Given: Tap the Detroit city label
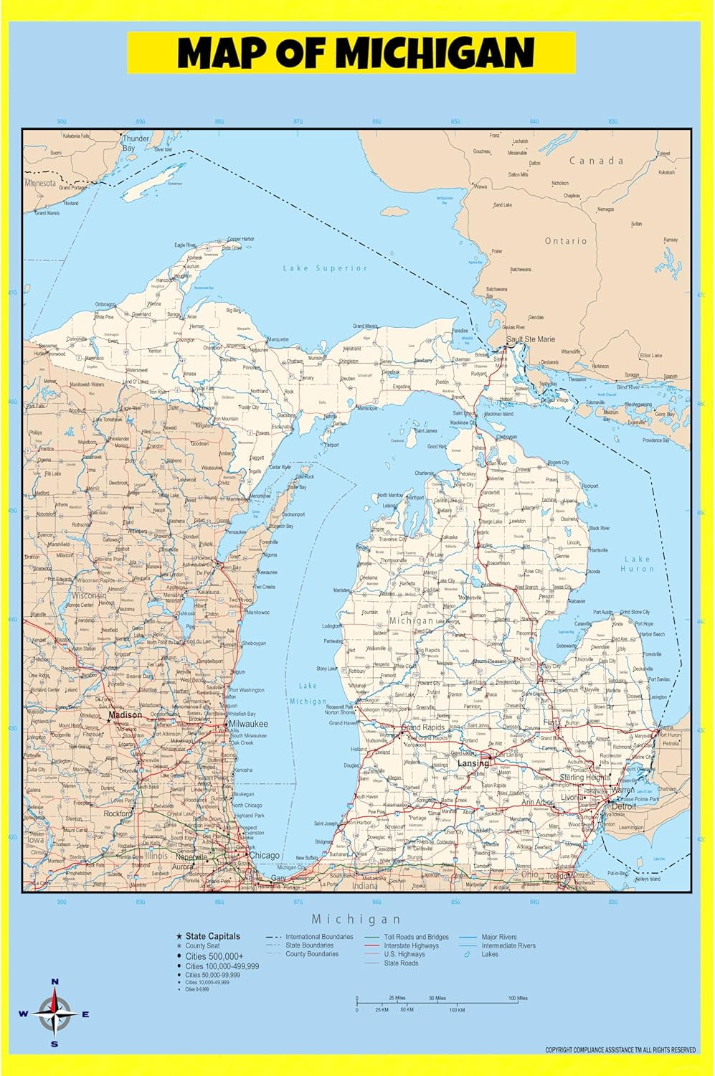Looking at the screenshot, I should click(x=624, y=806).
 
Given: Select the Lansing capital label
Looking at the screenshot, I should click(x=473, y=763).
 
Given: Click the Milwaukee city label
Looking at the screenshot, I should click(x=248, y=725).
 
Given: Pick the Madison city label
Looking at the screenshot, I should click(x=125, y=715).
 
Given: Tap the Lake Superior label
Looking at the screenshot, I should click(x=325, y=268).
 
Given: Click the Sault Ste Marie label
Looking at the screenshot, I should click(x=531, y=339).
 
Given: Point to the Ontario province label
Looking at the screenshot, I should click(x=566, y=241).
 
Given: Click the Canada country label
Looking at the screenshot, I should click(x=596, y=161).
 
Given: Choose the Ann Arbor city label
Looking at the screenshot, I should click(x=537, y=803).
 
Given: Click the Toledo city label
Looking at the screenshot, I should click(x=557, y=876).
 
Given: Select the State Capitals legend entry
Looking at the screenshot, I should click(x=212, y=936).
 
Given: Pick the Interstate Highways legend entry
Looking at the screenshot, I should click(x=411, y=945).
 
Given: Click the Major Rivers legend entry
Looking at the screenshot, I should click(x=498, y=937).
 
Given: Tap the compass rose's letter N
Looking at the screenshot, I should click(x=55, y=982).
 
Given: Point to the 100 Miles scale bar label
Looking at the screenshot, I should click(x=518, y=998).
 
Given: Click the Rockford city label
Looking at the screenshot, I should click(x=118, y=813).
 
